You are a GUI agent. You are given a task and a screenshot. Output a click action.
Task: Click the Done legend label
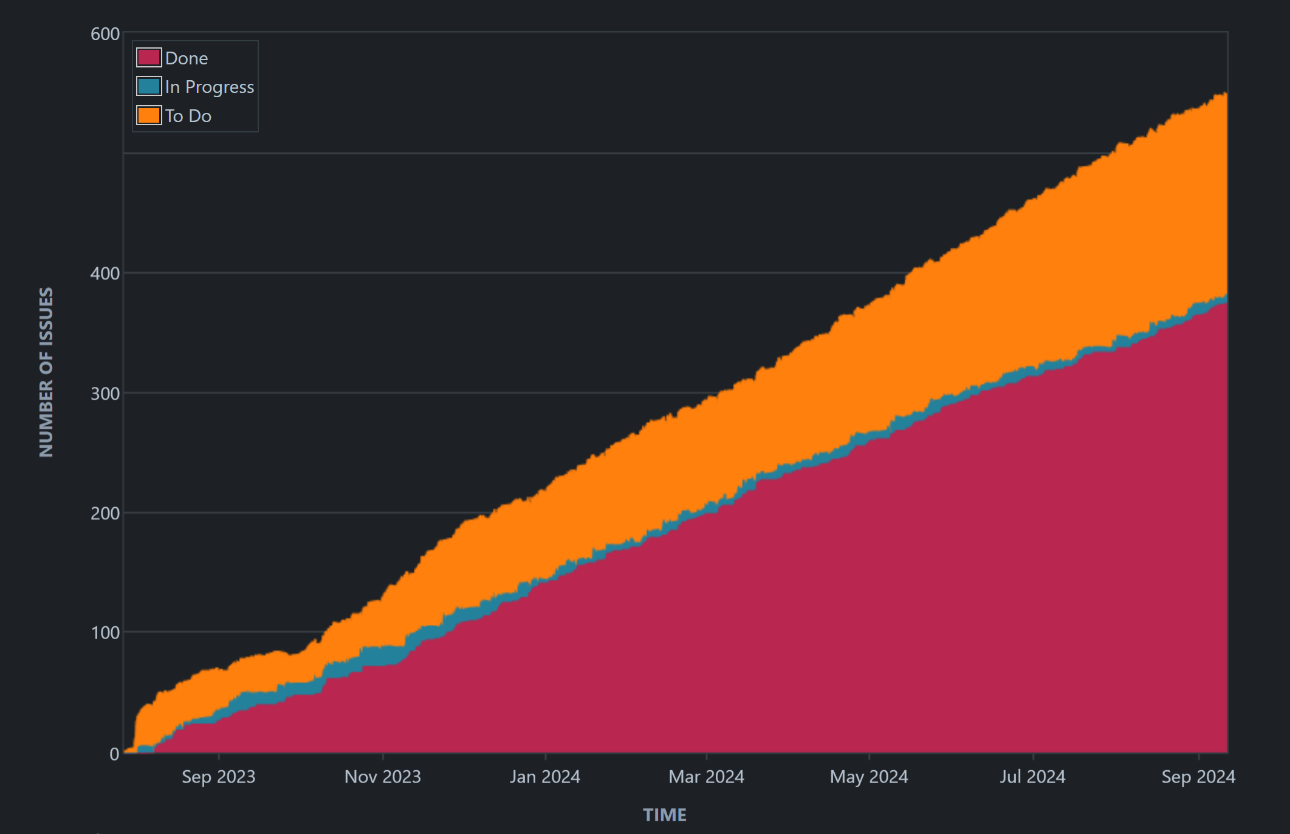(x=186, y=58)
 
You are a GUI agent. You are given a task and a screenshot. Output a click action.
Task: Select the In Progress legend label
(x=209, y=87)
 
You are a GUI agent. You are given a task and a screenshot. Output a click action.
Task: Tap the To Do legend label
(x=188, y=116)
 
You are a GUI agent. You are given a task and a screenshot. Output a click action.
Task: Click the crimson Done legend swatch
(x=149, y=58)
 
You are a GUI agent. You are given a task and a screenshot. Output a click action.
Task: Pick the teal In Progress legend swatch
(x=149, y=86)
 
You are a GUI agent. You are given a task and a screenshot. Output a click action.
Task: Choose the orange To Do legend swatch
(x=149, y=115)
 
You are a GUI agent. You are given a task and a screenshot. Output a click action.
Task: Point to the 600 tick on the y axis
(x=105, y=34)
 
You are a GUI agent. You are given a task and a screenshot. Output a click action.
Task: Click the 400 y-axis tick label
(x=105, y=273)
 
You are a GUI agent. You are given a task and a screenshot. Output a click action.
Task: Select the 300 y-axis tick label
(x=105, y=394)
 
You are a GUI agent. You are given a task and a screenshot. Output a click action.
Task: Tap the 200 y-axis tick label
(x=105, y=513)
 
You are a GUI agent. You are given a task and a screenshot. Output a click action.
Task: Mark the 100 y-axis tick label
(x=105, y=633)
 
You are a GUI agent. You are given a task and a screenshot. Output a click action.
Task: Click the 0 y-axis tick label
(x=114, y=754)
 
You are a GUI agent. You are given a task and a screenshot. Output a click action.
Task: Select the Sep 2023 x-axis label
(x=219, y=777)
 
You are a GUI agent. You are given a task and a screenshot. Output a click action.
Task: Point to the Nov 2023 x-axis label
(x=383, y=777)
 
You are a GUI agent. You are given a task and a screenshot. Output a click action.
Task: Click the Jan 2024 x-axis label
(x=545, y=777)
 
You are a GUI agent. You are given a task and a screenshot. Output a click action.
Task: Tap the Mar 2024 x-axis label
(x=707, y=777)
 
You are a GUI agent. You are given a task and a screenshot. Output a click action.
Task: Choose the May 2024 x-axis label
(x=869, y=777)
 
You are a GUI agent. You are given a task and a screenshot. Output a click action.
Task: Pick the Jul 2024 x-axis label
(x=1033, y=777)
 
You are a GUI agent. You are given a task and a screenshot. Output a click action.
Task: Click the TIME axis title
(x=665, y=815)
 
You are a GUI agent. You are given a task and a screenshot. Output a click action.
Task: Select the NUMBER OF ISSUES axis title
(x=46, y=372)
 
